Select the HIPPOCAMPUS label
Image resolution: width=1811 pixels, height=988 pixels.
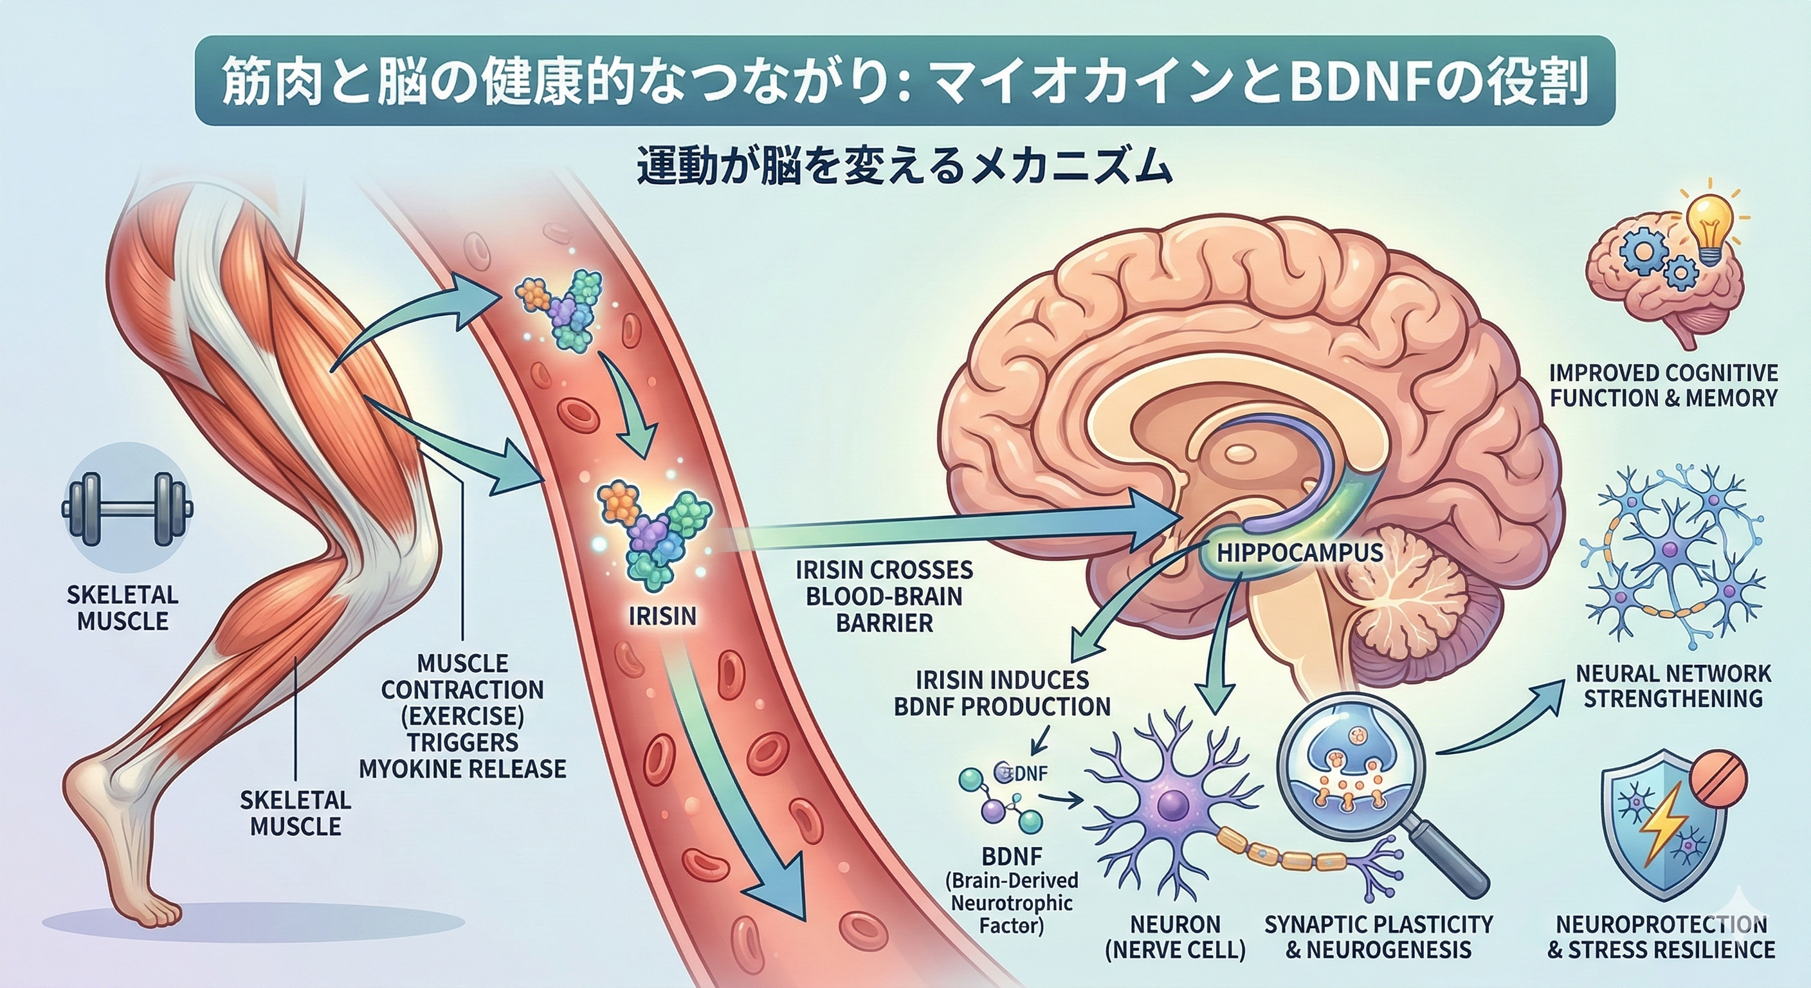click(x=1299, y=552)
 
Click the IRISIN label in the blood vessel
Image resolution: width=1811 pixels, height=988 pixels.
click(x=662, y=616)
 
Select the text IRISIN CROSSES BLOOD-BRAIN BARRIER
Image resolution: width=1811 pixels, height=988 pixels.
click(x=884, y=596)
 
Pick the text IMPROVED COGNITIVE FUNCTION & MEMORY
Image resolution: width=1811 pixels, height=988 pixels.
click(x=1662, y=385)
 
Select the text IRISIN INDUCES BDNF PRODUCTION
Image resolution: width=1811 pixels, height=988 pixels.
click(x=1002, y=693)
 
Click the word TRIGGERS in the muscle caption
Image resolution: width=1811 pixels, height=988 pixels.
click(x=462, y=742)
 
